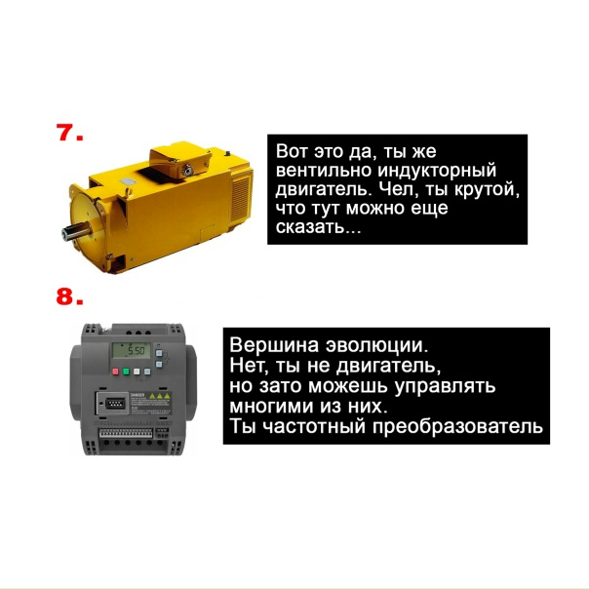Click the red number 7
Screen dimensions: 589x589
(66, 133)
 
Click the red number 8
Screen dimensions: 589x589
(66, 295)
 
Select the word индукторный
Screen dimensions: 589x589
(437, 171)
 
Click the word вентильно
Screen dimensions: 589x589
(324, 170)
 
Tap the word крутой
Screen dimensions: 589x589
(487, 190)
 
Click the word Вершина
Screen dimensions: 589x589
(274, 345)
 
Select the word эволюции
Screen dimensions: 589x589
(376, 345)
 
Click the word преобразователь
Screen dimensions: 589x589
(458, 426)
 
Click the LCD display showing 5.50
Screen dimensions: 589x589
(131, 351)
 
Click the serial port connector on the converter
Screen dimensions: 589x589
(113, 404)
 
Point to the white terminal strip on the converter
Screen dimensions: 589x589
(126, 433)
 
